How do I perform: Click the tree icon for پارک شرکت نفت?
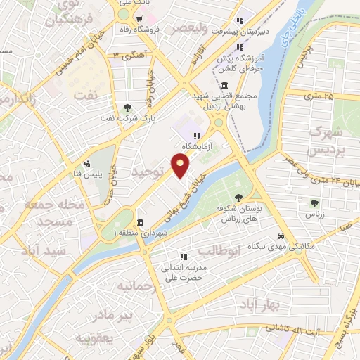tap(127, 108)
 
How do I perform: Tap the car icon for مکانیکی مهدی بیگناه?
tap(281, 236)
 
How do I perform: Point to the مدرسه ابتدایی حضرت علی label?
tap(184, 272)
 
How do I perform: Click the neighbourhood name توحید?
tap(148, 171)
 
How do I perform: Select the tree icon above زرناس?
tap(314, 203)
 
